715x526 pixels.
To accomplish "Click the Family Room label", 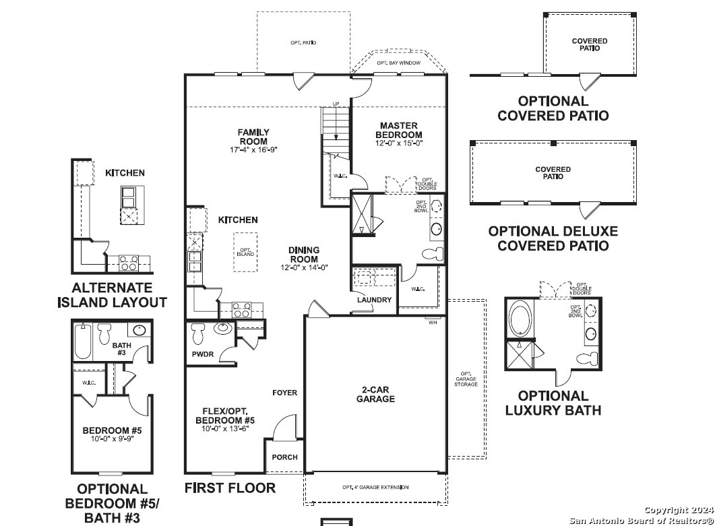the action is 253,137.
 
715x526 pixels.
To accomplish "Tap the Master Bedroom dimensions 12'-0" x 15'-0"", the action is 399,143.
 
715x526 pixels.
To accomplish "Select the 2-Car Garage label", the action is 375,394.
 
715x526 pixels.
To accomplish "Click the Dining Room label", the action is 304,255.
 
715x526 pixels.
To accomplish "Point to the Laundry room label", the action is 375,300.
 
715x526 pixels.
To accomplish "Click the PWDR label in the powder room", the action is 203,354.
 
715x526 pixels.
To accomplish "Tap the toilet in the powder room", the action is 198,333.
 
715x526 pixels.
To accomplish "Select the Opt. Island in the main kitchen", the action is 245,252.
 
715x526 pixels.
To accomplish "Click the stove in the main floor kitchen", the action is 242,310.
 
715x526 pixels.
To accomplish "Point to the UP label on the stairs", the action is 336,104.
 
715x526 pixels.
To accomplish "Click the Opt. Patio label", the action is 303,43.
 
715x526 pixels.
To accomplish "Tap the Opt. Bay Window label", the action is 398,63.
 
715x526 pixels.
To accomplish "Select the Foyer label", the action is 284,393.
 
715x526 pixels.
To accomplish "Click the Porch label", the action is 284,457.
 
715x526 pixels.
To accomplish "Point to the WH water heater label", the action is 433,323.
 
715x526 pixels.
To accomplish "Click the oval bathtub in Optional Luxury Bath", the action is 520,318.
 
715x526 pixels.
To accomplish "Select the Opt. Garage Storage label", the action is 466,379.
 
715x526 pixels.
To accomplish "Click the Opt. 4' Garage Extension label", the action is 375,487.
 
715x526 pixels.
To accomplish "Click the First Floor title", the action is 230,488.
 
